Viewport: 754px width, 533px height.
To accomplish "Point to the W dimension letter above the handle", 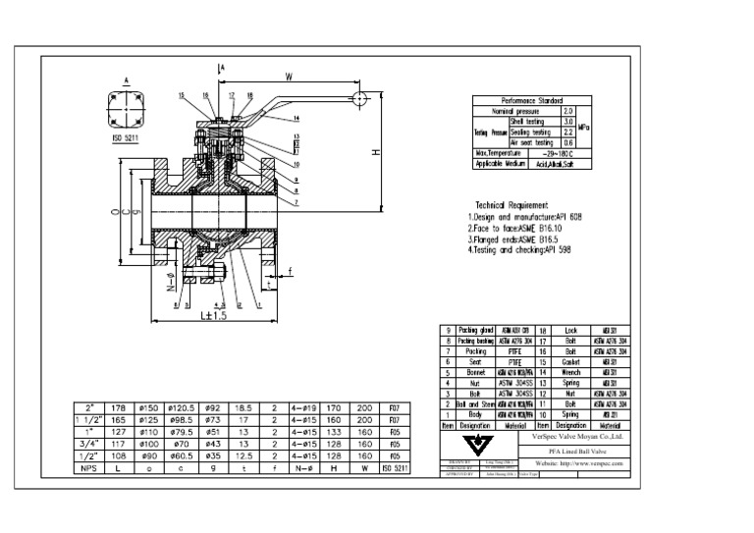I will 289,76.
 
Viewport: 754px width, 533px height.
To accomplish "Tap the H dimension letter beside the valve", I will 375,153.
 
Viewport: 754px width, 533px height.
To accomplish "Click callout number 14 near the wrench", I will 295,118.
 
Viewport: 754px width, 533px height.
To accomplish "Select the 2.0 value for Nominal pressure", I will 567,111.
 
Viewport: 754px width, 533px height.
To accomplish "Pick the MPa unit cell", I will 584,127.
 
